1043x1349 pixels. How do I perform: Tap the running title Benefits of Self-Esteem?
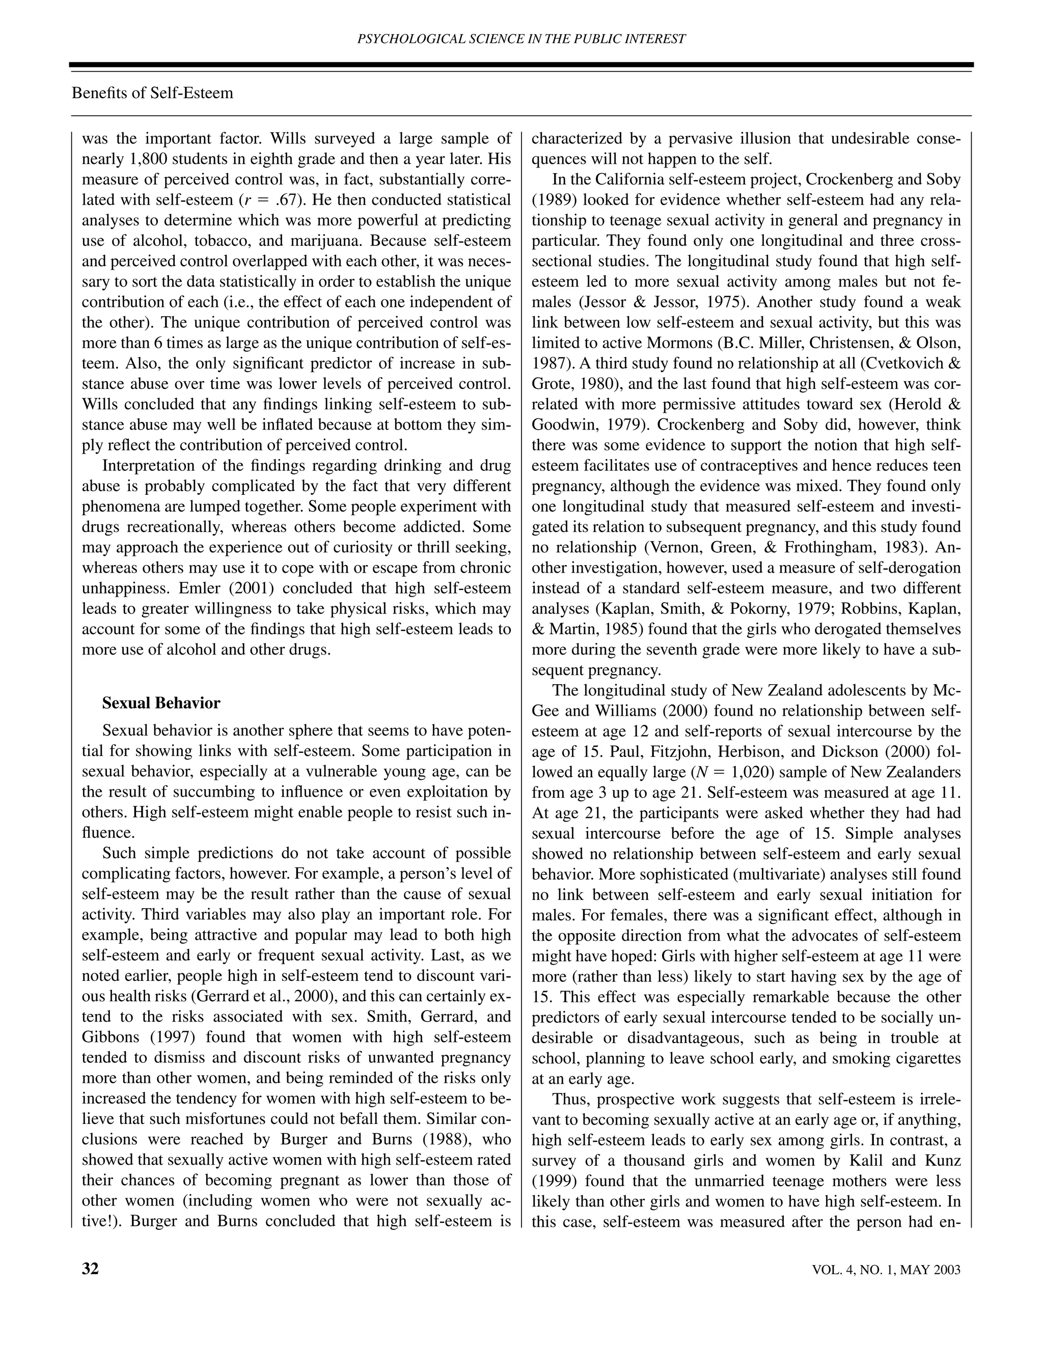pos(153,93)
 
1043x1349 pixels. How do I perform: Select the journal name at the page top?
pos(521,39)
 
